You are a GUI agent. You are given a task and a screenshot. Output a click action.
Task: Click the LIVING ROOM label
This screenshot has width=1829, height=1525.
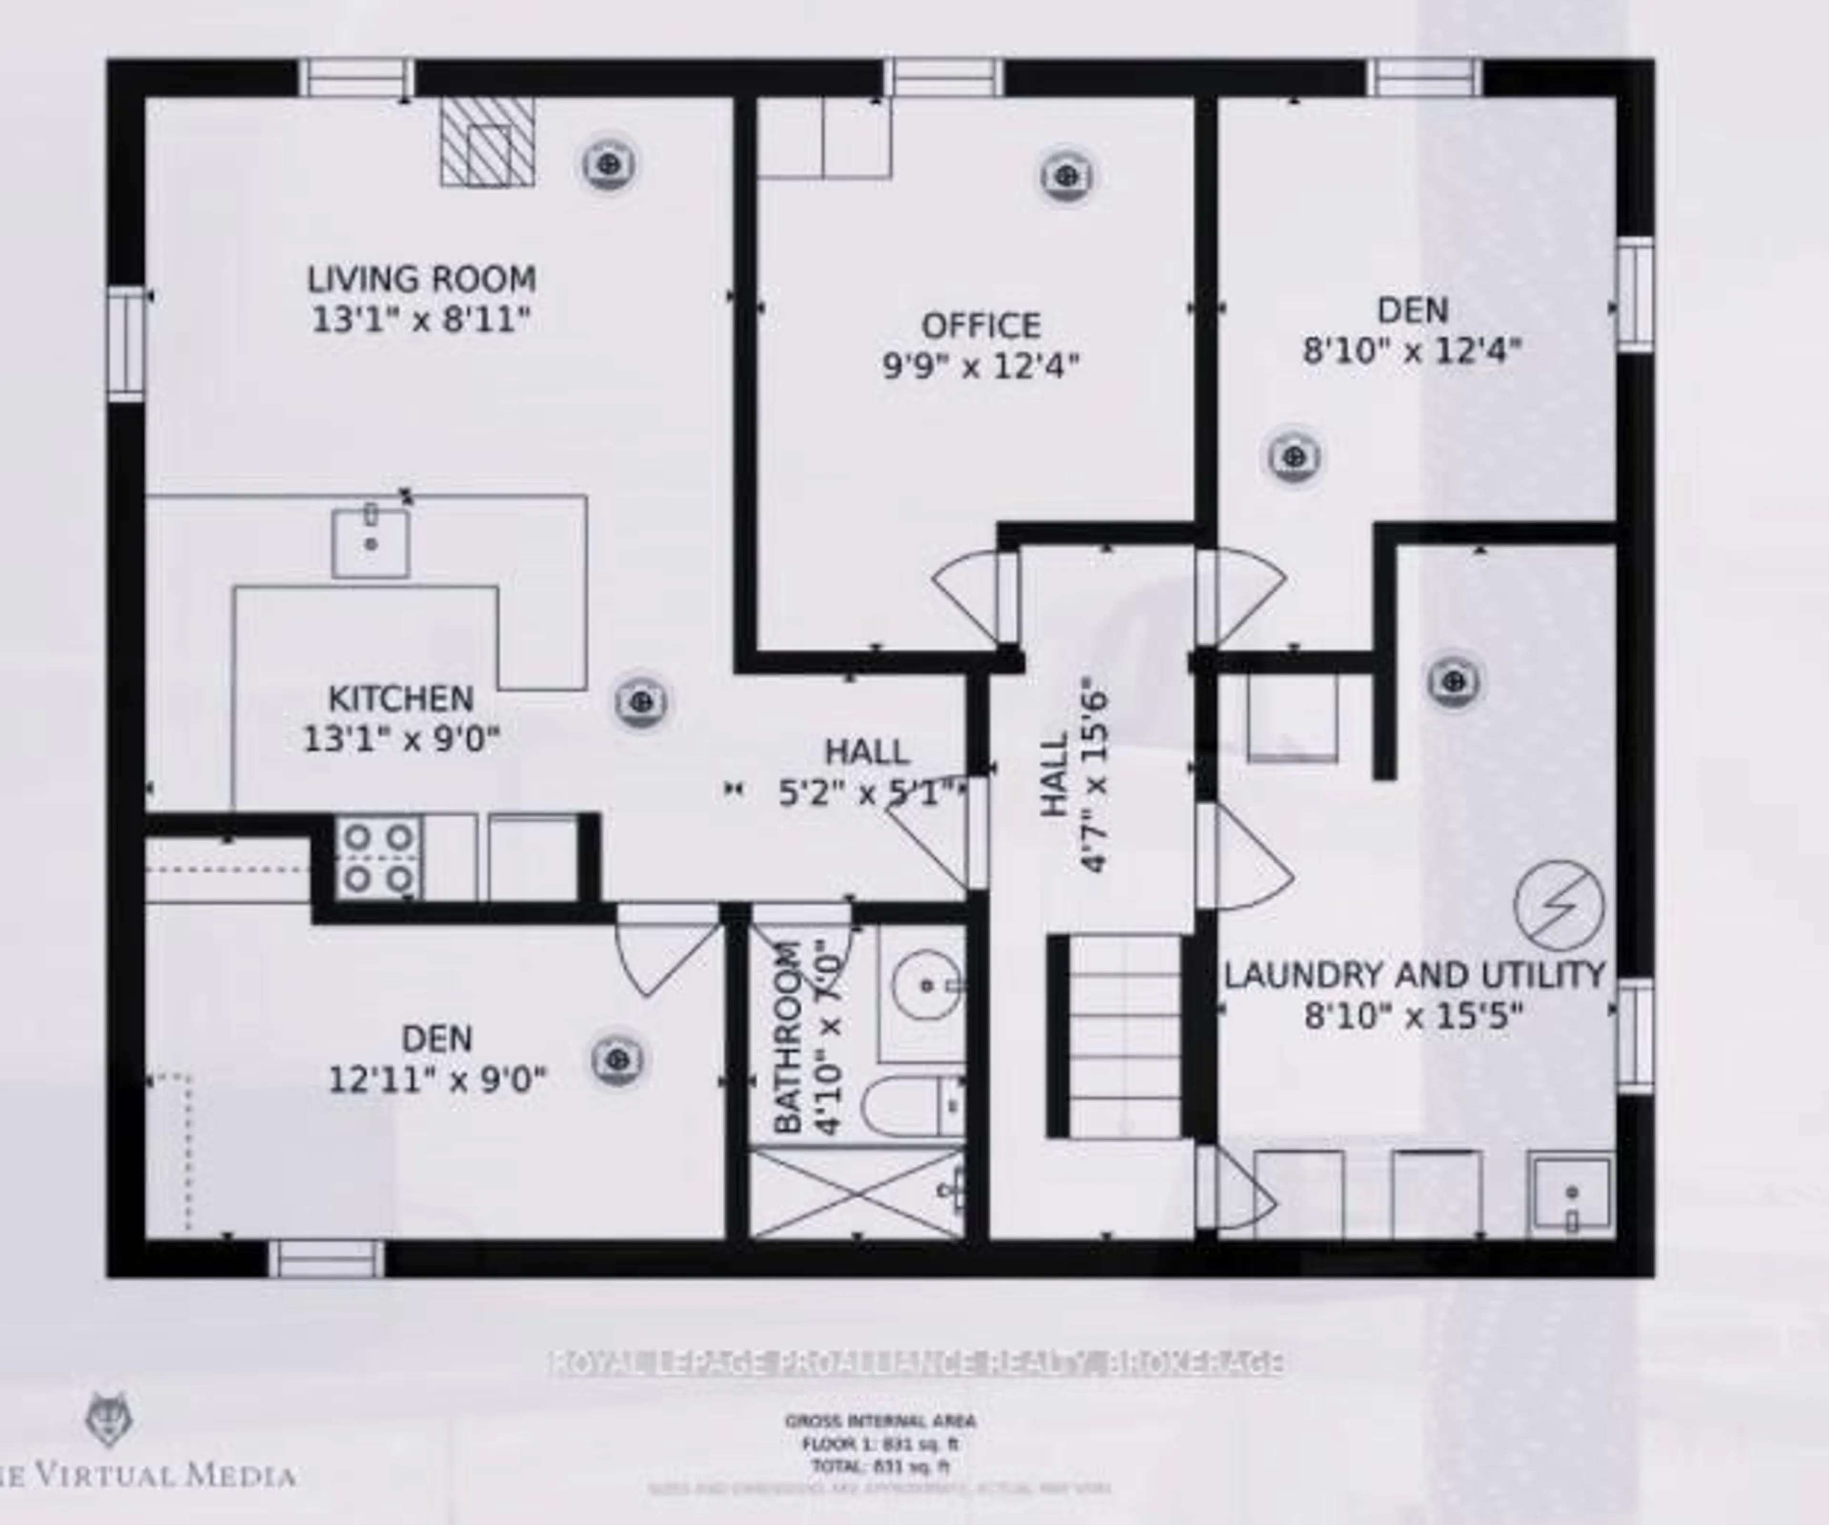point(422,280)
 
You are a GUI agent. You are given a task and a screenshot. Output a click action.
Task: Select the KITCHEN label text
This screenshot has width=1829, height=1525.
point(401,698)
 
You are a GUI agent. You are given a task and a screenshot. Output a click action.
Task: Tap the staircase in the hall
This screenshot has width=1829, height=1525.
point(1124,1036)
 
